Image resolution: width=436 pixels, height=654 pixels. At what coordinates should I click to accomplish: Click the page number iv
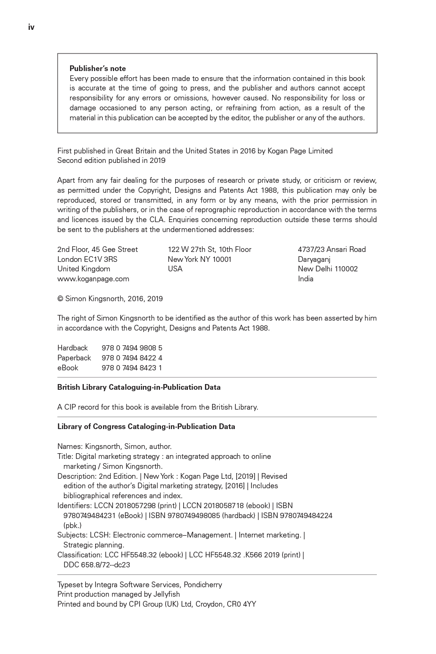point(31,27)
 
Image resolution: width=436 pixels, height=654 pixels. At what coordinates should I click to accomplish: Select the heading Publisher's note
point(98,68)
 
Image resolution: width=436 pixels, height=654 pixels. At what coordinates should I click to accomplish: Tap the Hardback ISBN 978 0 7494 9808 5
point(132,348)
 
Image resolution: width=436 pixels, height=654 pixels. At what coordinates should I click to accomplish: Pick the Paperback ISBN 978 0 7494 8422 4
point(132,358)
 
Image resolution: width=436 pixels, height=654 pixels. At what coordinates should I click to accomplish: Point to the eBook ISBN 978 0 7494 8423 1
point(132,368)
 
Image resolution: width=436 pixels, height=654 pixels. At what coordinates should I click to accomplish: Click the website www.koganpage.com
point(93,279)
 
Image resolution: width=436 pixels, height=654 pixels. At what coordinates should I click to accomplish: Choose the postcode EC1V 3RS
point(101,260)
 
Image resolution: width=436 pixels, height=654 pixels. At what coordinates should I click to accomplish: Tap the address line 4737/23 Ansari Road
point(331,250)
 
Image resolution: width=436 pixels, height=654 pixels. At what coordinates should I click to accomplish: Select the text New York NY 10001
point(199,260)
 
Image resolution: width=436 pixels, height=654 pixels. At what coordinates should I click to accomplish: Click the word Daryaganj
point(314,260)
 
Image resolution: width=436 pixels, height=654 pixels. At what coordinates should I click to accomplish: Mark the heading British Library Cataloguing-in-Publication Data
point(139,387)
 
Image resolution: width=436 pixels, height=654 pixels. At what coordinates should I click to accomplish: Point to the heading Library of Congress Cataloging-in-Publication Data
point(146,427)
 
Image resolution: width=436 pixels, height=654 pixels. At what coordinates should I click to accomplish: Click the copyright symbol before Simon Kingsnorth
point(60,299)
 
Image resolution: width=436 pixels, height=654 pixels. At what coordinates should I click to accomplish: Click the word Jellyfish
point(167,594)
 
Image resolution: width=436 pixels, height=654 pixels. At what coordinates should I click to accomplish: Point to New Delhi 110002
point(328,269)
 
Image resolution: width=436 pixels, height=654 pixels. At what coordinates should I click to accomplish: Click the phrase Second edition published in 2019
point(111,161)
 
